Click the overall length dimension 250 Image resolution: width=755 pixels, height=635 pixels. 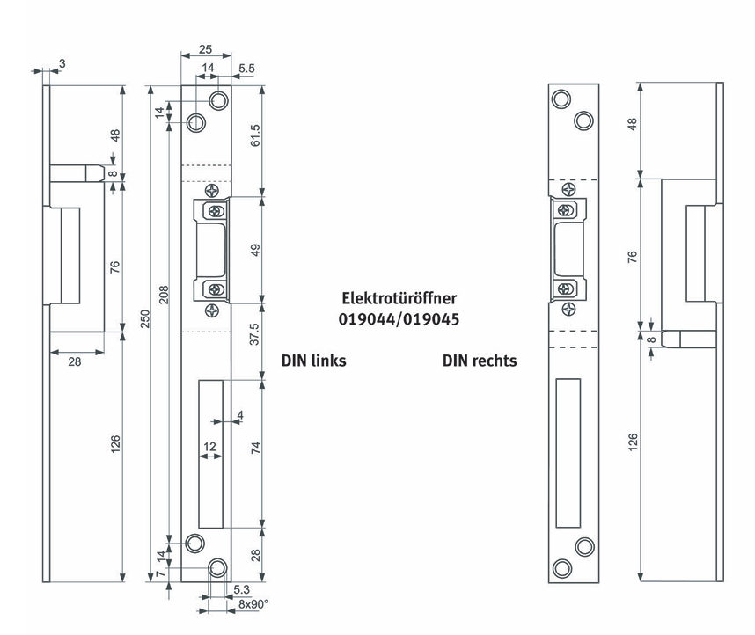coord(145,318)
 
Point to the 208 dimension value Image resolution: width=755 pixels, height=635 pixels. coord(164,295)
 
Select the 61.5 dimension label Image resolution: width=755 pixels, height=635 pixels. coord(255,135)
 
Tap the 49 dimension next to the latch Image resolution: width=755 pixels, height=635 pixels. coord(255,250)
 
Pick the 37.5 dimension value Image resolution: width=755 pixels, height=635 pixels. coord(254,333)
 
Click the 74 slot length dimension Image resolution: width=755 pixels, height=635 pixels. coord(255,448)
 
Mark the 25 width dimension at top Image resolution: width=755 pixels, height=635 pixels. coord(205,49)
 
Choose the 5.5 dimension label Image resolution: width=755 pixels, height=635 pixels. coord(246,69)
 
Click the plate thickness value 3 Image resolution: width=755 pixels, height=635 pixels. coord(62,63)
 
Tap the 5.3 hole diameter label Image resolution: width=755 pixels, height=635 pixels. coord(242,590)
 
